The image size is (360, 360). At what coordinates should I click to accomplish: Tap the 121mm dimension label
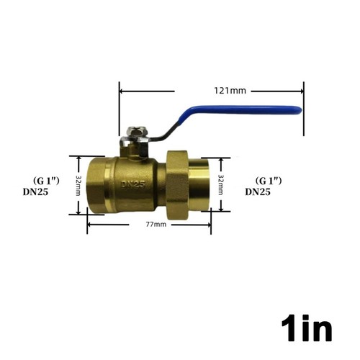pyautogui.click(x=230, y=91)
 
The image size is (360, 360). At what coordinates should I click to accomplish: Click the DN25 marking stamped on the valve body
pyautogui.click(x=133, y=184)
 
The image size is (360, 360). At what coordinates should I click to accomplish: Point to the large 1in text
pyautogui.click(x=306, y=328)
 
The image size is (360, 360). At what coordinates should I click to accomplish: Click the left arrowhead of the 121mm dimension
pyautogui.click(x=122, y=91)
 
